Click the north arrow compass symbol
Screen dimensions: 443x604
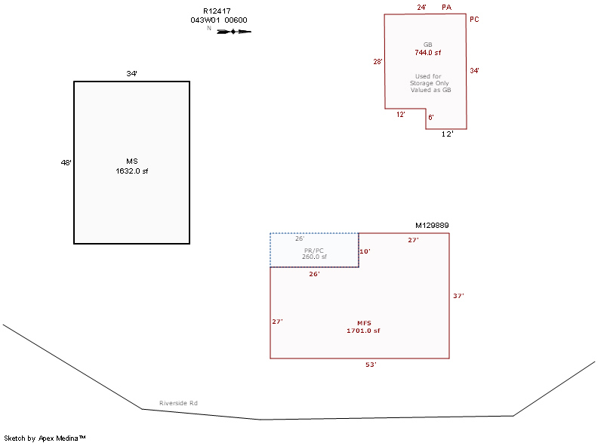tap(233, 31)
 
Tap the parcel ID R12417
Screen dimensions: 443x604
tap(217, 11)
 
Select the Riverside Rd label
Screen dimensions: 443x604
tap(178, 404)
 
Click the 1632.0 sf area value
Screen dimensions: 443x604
tap(131, 171)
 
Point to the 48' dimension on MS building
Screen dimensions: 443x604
tap(66, 162)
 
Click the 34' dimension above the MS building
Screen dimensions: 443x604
tap(132, 74)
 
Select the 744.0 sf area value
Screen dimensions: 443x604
tap(427, 53)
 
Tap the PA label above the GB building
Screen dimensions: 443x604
tap(447, 8)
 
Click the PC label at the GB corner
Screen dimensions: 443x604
tap(474, 20)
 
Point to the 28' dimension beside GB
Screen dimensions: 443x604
tap(378, 62)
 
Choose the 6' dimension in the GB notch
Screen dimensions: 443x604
tap(431, 117)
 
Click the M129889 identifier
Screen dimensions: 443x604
tap(432, 226)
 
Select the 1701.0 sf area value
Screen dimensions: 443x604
tap(363, 331)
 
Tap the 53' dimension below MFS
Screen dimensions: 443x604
tap(371, 365)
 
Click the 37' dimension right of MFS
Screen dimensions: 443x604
tap(458, 296)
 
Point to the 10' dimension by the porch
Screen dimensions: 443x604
tap(365, 251)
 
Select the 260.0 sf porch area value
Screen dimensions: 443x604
tap(314, 257)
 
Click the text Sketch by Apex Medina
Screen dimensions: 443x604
tap(45, 438)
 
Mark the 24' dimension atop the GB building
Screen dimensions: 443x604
tap(422, 8)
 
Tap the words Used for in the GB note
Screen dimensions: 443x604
tap(428, 76)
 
